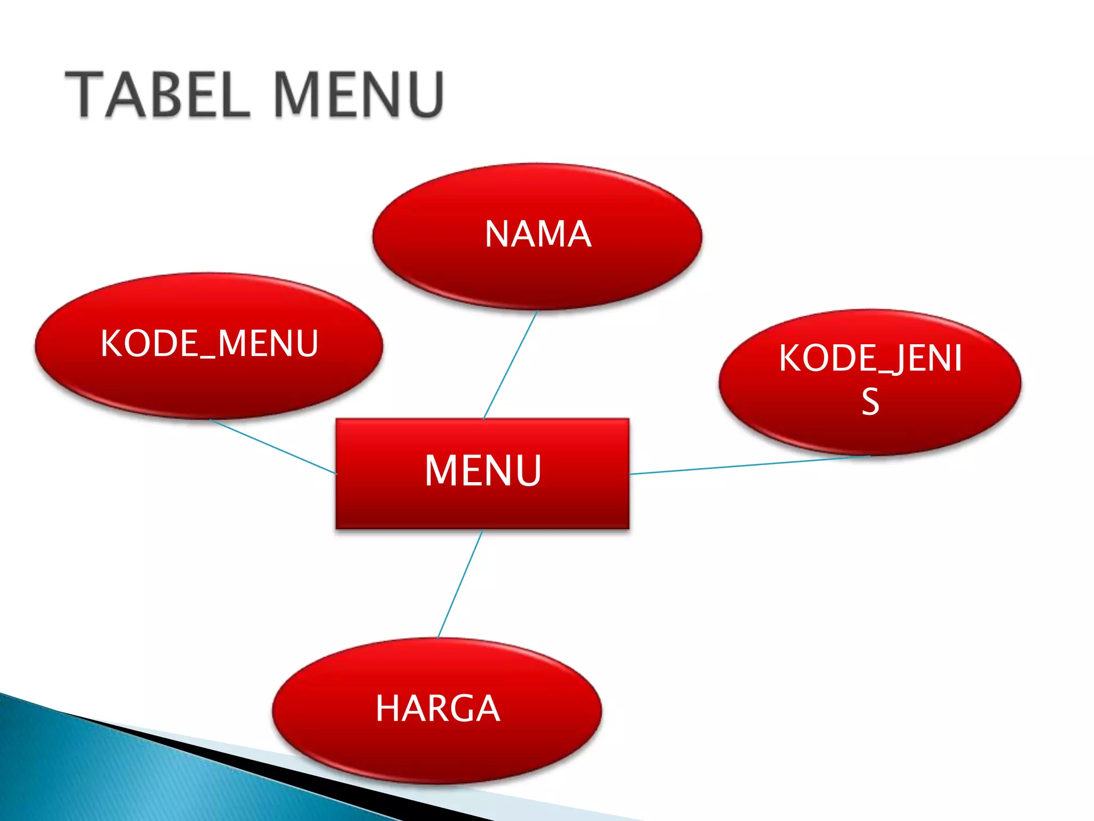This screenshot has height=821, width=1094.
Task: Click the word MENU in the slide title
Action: [x=360, y=95]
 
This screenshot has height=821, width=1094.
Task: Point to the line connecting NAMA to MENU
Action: [x=510, y=365]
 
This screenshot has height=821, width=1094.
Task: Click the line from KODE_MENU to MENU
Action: [x=272, y=446]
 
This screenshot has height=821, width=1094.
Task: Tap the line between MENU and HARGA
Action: [x=460, y=584]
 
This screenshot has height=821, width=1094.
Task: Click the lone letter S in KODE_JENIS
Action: [x=870, y=402]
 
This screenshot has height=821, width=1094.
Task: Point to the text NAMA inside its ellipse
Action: [x=538, y=234]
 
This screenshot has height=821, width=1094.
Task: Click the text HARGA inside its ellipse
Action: [x=437, y=709]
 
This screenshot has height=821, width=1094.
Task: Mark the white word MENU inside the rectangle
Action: [x=483, y=470]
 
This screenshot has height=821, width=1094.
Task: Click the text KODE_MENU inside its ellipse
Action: [x=209, y=343]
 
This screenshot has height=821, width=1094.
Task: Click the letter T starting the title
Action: [x=84, y=95]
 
